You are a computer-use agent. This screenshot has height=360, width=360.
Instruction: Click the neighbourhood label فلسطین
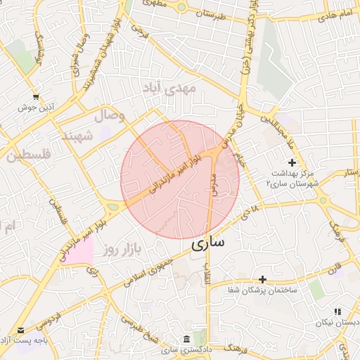[28, 155]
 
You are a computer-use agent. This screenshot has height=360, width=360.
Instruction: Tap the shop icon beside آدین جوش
[36, 96]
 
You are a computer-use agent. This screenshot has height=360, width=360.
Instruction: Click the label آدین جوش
[36, 108]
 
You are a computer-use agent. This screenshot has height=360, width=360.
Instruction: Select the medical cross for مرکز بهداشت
[292, 162]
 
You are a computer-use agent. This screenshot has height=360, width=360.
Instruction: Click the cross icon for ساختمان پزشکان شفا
[262, 279]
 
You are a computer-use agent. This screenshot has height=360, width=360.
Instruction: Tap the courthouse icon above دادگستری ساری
[186, 338]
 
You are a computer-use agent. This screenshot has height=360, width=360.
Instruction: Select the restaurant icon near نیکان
[337, 311]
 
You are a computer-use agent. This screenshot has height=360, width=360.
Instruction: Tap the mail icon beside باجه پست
[20, 330]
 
